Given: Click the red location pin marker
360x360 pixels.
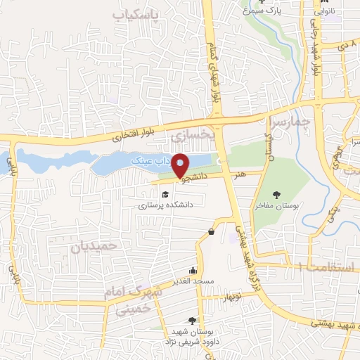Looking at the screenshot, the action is [181, 166].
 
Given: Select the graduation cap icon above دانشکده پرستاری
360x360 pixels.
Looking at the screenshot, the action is [165, 195].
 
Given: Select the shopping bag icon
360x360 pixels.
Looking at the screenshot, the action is [211, 231].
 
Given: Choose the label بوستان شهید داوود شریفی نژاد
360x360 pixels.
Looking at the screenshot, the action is [191, 337].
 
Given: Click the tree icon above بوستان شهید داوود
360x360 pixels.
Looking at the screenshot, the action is [192, 321].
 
